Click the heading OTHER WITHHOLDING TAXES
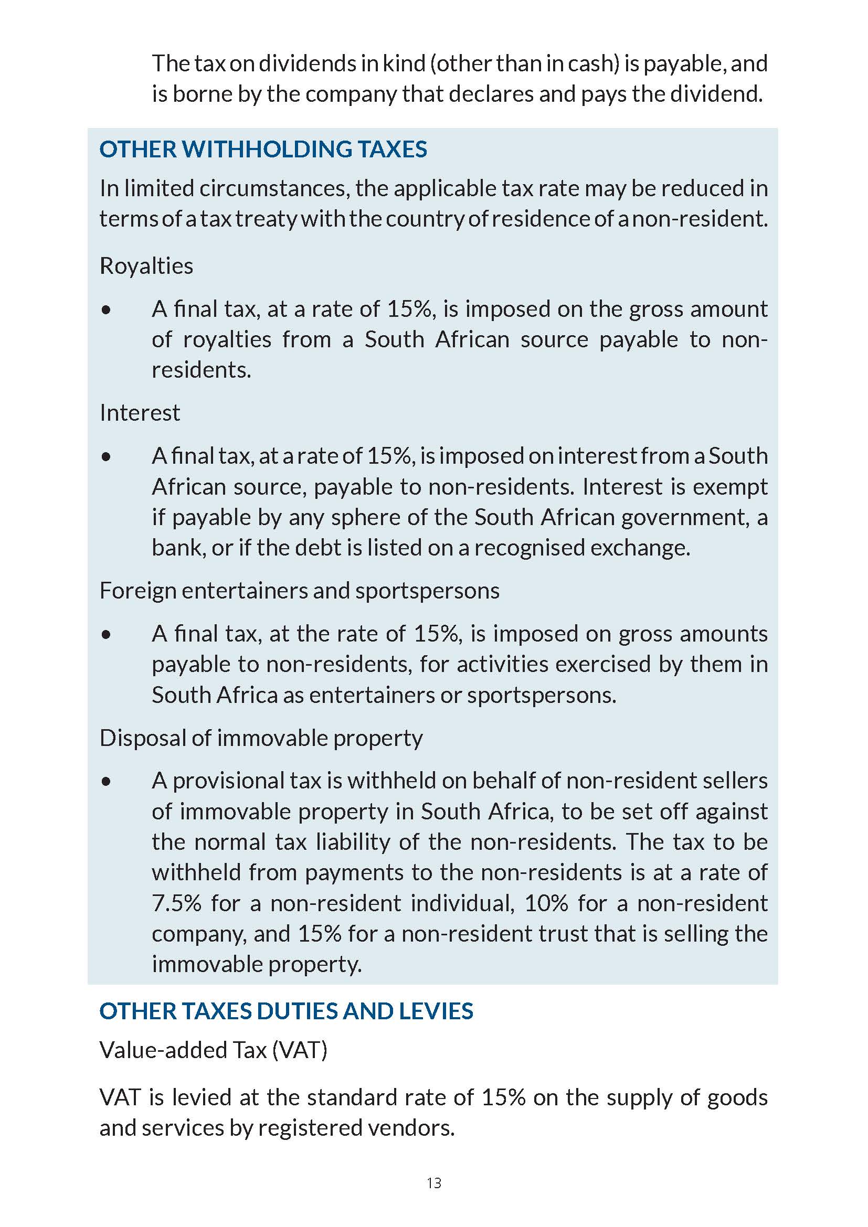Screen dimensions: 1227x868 coord(263,149)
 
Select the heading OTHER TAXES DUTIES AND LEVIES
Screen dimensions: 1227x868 coord(286,1011)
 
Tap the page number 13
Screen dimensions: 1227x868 coord(434,1183)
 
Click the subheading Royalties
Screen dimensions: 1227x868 coord(146,265)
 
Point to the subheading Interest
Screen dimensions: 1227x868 coord(140,412)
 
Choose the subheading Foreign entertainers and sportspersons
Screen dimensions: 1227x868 coord(299,591)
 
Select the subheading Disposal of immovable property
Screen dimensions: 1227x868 coord(261,738)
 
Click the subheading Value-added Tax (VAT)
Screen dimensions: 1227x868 coord(213,1050)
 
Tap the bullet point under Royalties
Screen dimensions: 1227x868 coord(107,310)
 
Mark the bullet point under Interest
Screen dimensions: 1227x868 coord(107,457)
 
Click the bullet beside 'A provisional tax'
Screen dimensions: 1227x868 coord(107,782)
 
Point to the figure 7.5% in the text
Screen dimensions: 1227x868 coord(176,904)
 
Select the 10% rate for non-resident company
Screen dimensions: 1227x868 coord(546,904)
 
